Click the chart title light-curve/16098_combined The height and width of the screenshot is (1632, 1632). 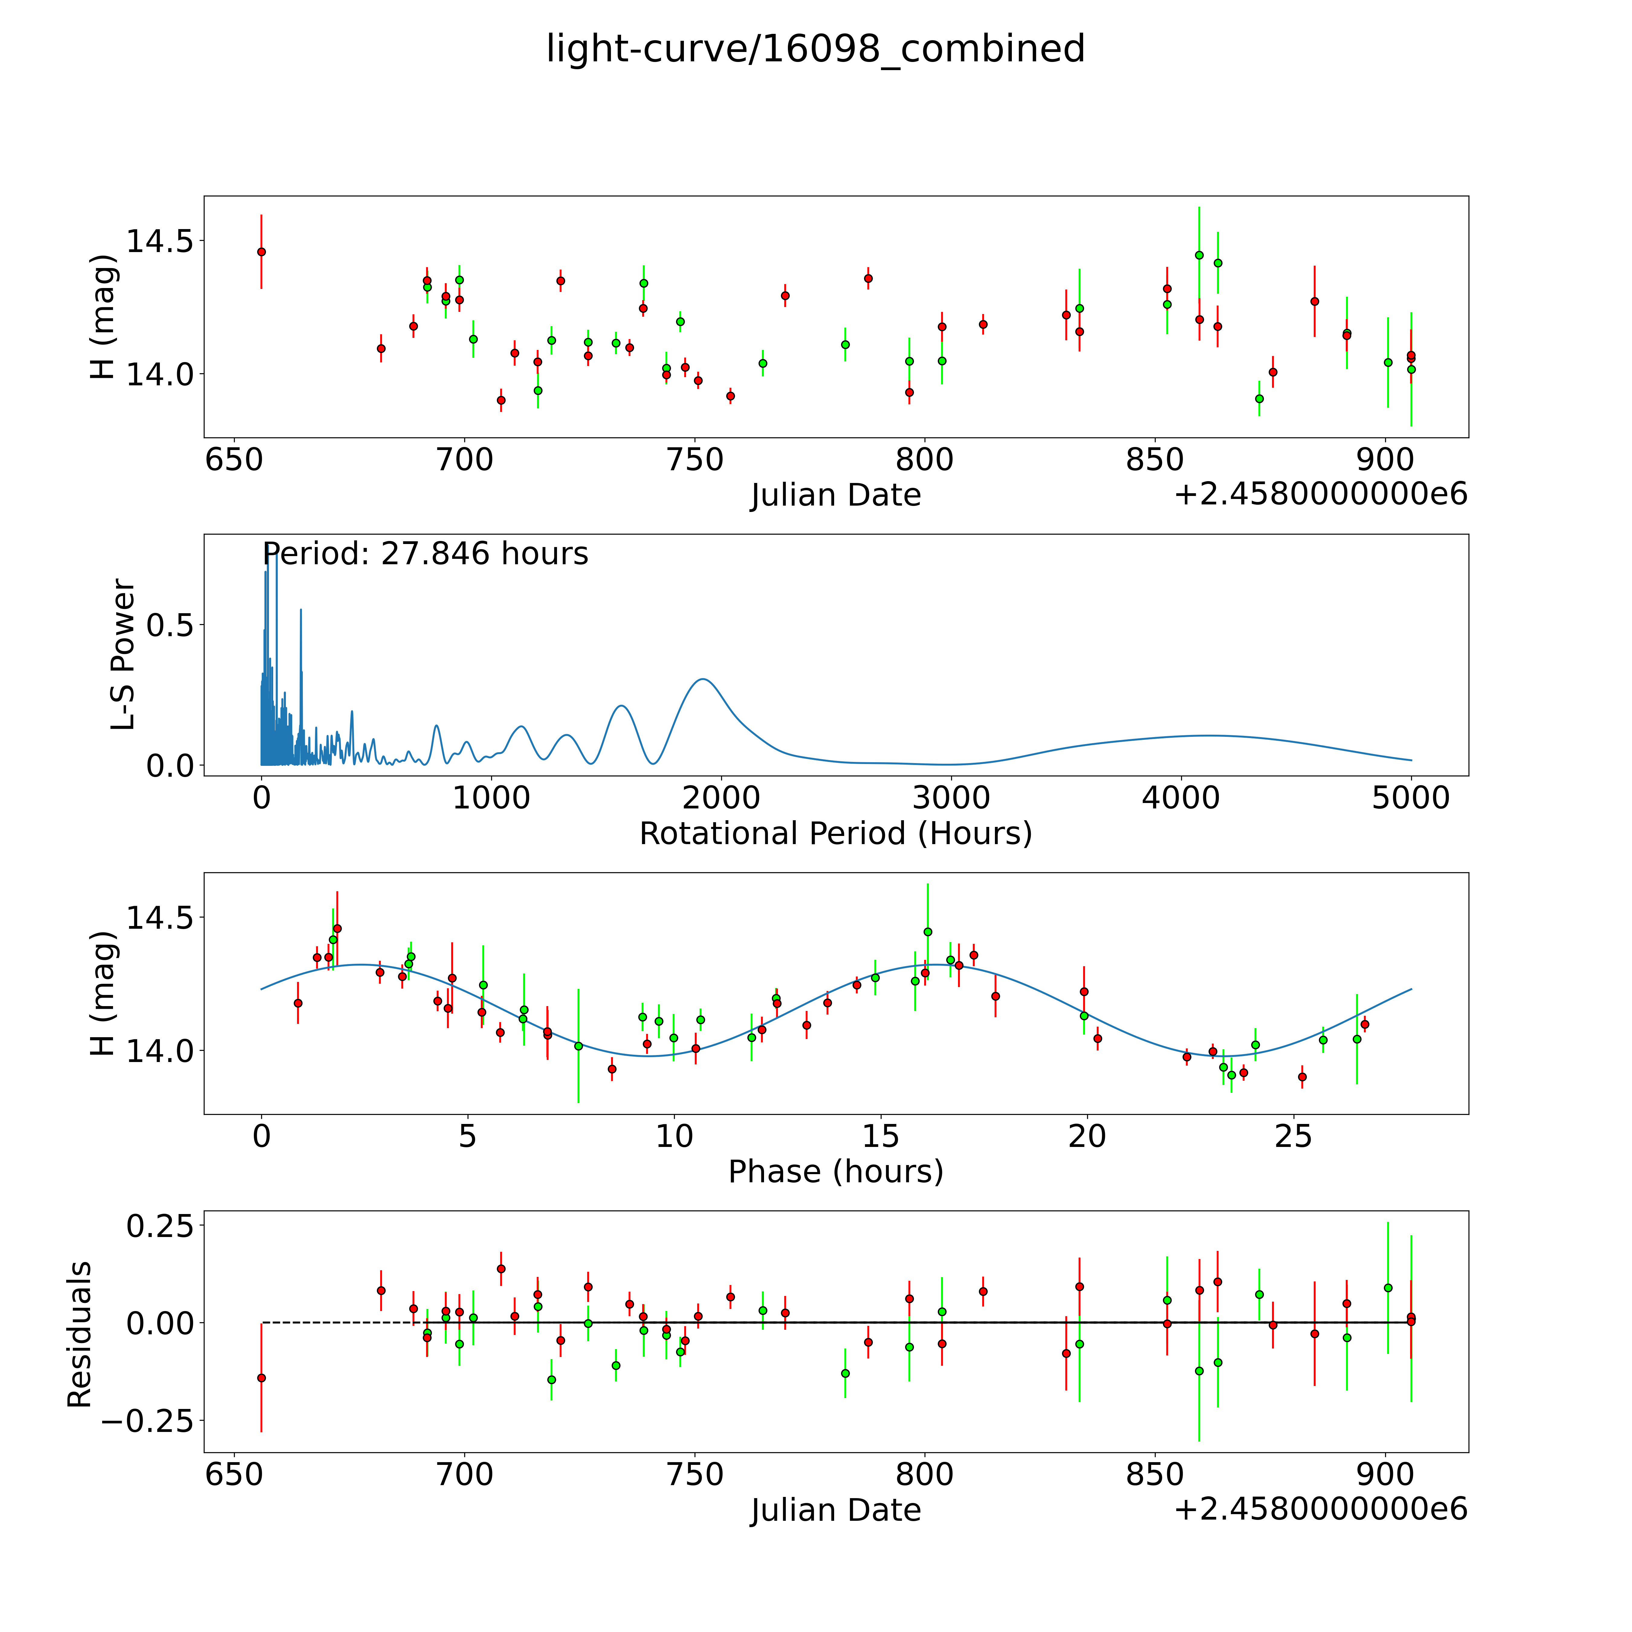pyautogui.click(x=815, y=49)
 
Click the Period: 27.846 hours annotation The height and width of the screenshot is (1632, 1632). pyautogui.click(x=425, y=554)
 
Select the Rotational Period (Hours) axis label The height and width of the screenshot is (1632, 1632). pyautogui.click(x=835, y=834)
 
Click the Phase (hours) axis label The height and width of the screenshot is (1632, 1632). pyautogui.click(x=835, y=1172)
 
